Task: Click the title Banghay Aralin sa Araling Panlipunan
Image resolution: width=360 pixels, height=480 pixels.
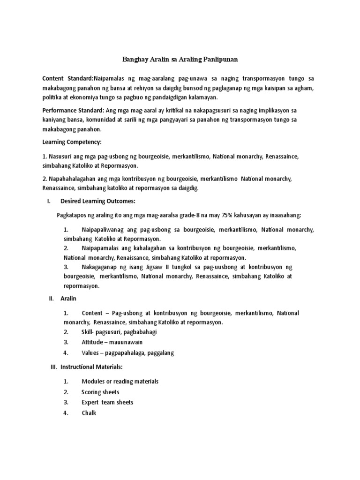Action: [x=180, y=60]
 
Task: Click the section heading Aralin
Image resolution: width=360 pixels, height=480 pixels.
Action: [x=68, y=298]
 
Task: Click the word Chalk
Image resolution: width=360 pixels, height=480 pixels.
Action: [x=89, y=413]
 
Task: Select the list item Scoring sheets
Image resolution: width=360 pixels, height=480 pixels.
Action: [x=100, y=392]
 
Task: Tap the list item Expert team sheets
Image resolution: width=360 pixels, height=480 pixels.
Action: [x=107, y=402]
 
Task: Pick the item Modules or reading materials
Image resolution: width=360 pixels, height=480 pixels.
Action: [x=120, y=381]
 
